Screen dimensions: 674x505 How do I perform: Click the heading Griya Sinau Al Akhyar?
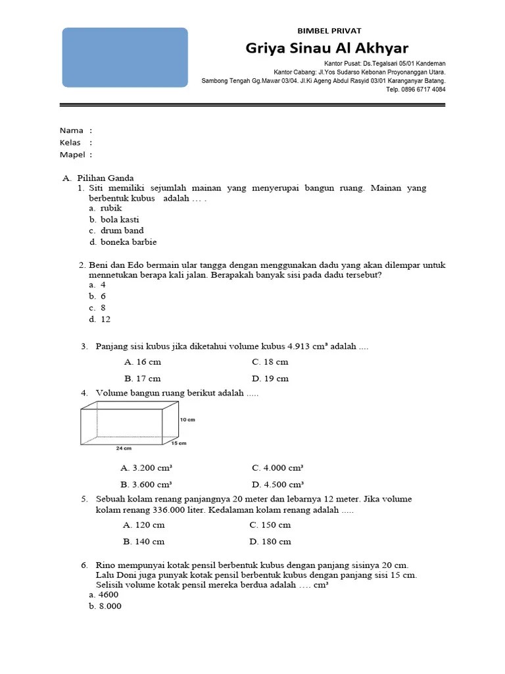coord(327,48)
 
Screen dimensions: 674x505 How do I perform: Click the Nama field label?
coord(72,130)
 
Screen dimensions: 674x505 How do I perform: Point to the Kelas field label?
coord(71,142)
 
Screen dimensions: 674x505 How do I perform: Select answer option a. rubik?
coord(106,208)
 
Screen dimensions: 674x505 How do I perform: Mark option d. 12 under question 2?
coord(100,319)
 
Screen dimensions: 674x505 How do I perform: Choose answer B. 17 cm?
coord(142,378)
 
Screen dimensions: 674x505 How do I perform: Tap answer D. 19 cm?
coord(270,378)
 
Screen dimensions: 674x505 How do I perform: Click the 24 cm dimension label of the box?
coord(124,448)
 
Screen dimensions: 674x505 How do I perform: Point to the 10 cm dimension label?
coord(187,419)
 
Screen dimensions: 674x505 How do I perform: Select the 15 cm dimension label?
coord(178,443)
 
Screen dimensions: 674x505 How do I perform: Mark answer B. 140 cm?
coord(143,542)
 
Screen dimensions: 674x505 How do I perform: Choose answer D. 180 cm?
coord(270,542)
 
